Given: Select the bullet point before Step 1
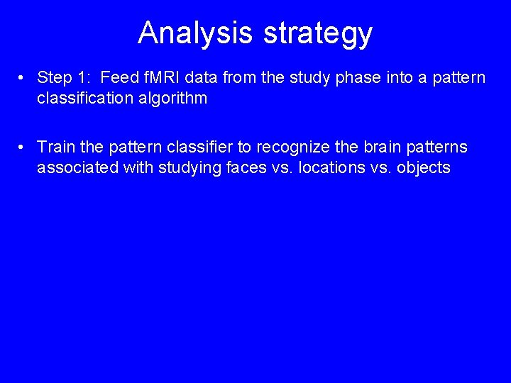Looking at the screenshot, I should point(23,78).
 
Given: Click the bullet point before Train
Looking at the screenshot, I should point(23,148).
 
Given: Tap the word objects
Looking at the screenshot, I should point(422,167).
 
